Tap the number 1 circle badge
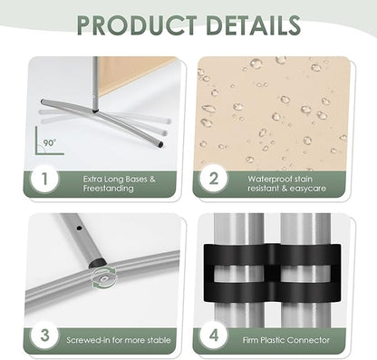click(44, 179)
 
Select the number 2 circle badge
click(213, 179)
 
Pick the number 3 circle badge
click(44, 336)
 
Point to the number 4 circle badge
click(213, 336)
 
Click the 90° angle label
click(50, 142)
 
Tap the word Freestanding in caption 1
click(108, 189)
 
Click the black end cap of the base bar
click(160, 144)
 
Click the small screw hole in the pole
click(79, 229)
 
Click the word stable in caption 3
click(159, 340)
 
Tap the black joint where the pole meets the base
click(95, 111)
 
